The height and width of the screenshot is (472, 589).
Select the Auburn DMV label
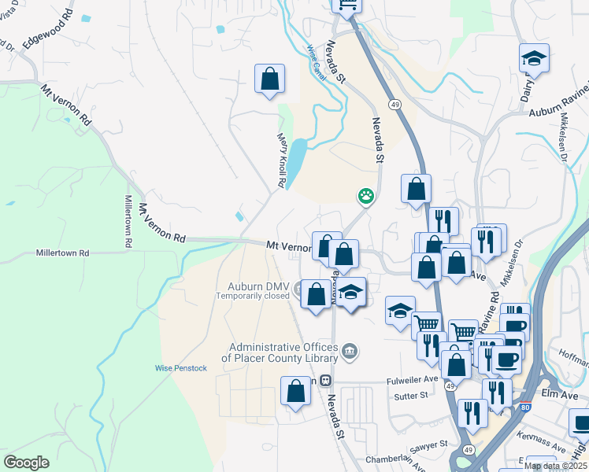click(259, 286)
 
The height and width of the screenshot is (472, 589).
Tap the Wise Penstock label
click(181, 368)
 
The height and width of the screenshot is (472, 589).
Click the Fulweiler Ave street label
click(412, 378)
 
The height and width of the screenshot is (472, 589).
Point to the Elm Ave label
click(560, 391)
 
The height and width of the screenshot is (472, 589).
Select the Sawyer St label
click(428, 444)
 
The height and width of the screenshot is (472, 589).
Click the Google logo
click(26, 463)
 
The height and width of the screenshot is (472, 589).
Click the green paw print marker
click(366, 195)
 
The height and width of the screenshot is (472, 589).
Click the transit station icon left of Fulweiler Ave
click(325, 379)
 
